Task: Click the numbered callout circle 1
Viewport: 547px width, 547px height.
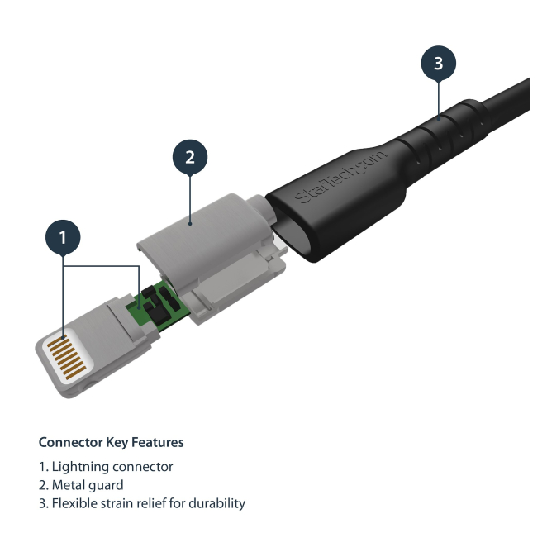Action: pyautogui.click(x=63, y=237)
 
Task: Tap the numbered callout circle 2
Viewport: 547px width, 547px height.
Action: pyautogui.click(x=190, y=157)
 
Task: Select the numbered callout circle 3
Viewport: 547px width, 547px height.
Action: pyautogui.click(x=439, y=63)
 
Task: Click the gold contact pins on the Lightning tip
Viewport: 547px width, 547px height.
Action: pyautogui.click(x=66, y=356)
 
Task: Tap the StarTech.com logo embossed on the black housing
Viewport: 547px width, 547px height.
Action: pyautogui.click(x=340, y=177)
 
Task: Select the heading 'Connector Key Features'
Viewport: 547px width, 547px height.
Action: pyautogui.click(x=111, y=442)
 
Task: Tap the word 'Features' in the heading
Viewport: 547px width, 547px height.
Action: pyautogui.click(x=158, y=442)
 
